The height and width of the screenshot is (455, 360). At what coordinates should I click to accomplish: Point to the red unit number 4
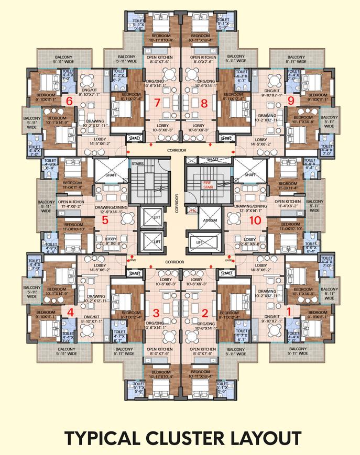point(71,313)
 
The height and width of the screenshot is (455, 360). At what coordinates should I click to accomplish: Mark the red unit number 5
point(105,220)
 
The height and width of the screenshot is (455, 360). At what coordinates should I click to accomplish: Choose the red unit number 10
point(255,220)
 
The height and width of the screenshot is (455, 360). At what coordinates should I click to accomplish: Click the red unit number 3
point(156,313)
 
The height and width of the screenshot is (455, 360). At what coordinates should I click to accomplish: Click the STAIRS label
point(137,163)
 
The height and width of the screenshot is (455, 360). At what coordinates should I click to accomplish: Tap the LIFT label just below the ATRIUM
point(199,243)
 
